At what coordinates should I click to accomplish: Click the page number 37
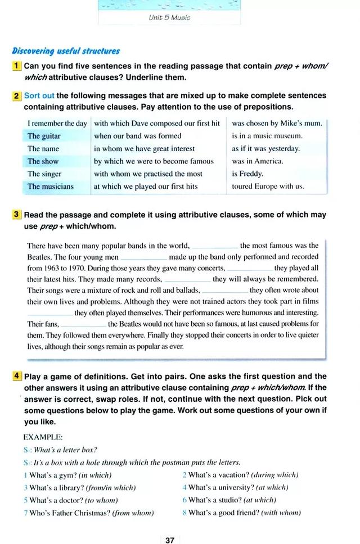click(x=170, y=540)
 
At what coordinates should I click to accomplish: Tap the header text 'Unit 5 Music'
click(x=169, y=17)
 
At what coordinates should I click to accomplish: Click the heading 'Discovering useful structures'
click(x=66, y=51)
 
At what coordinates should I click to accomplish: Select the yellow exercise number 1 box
click(x=17, y=66)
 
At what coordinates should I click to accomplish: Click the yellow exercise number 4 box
click(x=17, y=377)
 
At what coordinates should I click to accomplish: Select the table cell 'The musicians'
click(x=51, y=186)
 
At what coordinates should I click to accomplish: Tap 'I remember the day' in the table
click(x=57, y=123)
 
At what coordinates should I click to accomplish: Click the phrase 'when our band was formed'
click(x=138, y=136)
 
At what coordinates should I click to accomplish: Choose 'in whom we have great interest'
click(x=145, y=148)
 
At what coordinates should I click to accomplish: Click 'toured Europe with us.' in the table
click(x=268, y=186)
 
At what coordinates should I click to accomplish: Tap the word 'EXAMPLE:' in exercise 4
click(x=43, y=437)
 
